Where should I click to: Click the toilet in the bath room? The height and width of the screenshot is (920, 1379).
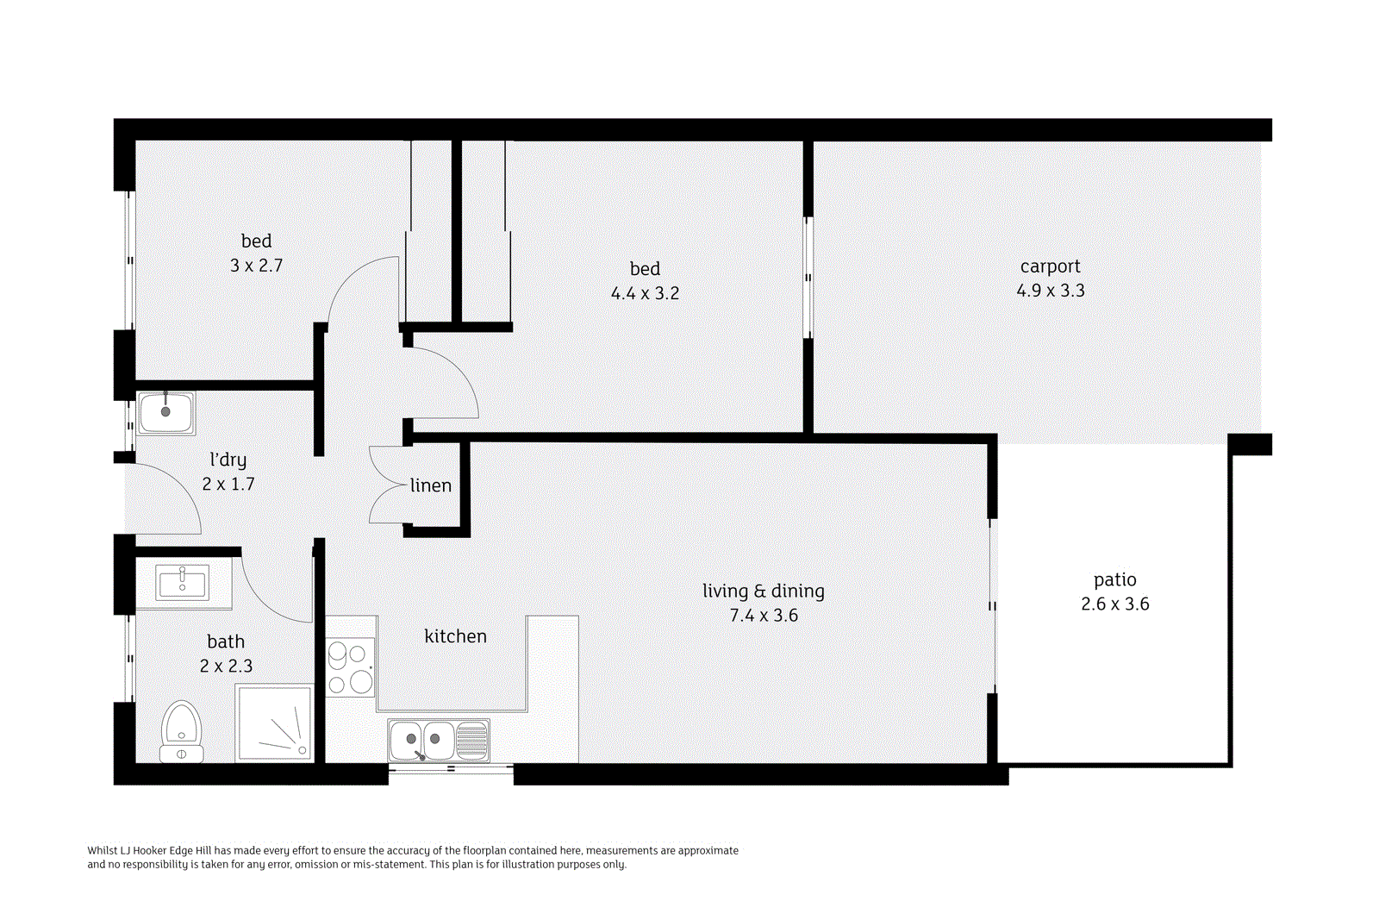tap(182, 733)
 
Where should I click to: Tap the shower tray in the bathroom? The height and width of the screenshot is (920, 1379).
tap(274, 723)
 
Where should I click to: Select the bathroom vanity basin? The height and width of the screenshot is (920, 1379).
tap(183, 583)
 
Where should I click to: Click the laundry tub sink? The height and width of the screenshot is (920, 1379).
tap(166, 412)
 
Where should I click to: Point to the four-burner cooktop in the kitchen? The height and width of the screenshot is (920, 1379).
tap(351, 667)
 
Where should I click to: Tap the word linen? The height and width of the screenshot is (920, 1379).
tap(430, 485)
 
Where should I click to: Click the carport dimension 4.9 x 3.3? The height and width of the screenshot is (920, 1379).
tap(1050, 291)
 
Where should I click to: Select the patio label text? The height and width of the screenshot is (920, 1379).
tap(1114, 579)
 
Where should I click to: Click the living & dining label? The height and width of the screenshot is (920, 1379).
tap(763, 591)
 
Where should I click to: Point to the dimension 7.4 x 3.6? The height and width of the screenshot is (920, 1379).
tap(763, 616)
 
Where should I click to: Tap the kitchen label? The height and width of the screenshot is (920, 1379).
tap(455, 636)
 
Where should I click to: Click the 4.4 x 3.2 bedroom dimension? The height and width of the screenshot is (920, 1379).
tap(645, 293)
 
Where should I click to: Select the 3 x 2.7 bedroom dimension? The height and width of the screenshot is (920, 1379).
tap(256, 266)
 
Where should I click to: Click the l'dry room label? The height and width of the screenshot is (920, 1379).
tap(228, 460)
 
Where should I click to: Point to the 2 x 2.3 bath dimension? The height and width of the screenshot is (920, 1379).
tap(226, 666)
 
